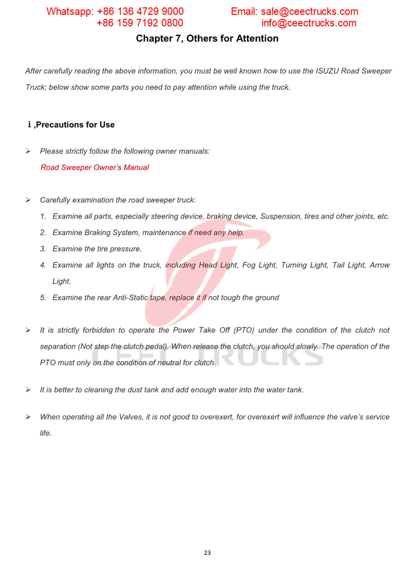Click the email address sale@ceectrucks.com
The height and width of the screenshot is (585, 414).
point(309,11)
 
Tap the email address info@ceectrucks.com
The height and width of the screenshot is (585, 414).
point(309,23)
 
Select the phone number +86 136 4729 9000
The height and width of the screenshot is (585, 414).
point(140,11)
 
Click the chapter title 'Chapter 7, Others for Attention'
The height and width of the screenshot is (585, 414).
point(207,38)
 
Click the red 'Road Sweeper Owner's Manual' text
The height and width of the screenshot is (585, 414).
point(95,167)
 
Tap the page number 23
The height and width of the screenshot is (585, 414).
point(207,553)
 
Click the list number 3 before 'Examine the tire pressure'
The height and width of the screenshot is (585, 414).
point(43,249)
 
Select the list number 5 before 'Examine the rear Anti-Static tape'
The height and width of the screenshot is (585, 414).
point(43,298)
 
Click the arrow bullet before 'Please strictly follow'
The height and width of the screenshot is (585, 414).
point(28,151)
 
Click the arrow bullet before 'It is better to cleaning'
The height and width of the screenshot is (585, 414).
point(28,390)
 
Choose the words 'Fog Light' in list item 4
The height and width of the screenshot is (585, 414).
point(259,265)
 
